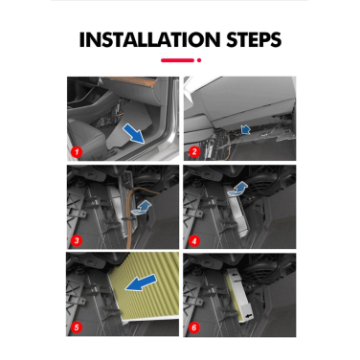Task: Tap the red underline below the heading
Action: coord(180,60)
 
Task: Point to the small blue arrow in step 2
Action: coord(246,126)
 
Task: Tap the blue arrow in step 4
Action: coord(240,189)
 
